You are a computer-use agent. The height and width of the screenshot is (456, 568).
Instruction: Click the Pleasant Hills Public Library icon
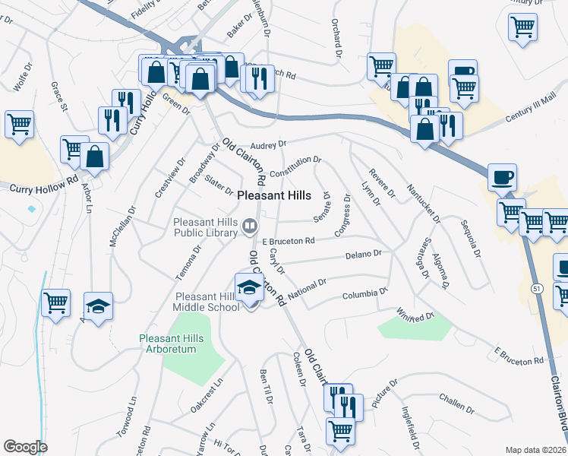tap(249, 226)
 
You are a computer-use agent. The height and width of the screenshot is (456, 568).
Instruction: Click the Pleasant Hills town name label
tap(274, 195)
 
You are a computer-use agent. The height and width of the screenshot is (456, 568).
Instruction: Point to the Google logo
tap(25, 447)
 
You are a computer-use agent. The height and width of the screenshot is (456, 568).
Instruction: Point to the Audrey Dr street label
tap(268, 144)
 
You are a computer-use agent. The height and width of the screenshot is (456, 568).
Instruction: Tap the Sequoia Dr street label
tap(471, 239)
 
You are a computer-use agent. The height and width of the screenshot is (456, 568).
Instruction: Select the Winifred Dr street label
tap(415, 313)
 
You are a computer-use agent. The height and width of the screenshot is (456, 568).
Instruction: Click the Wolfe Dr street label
tap(24, 77)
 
